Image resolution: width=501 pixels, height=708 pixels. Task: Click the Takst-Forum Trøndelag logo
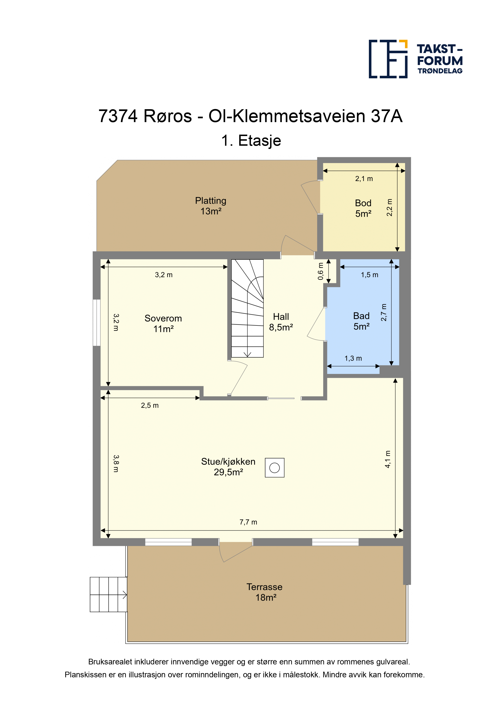pos(416,59)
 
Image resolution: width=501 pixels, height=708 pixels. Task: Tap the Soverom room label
pos(163,324)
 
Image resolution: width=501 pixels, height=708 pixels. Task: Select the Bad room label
pos(361,321)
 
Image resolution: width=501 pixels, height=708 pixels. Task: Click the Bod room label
pos(363,208)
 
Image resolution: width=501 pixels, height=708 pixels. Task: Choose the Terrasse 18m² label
pos(265,592)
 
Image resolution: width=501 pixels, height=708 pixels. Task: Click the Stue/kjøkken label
pos(228,467)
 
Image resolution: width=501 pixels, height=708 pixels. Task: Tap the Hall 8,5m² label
pos(281,322)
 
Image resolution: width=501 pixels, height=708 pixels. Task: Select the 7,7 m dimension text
pos(248,522)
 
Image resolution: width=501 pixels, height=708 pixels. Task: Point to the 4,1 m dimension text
pos(388,459)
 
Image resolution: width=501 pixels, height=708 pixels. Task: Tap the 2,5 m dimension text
pos(150,405)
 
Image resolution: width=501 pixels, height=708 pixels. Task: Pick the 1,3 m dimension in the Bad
pos(353,358)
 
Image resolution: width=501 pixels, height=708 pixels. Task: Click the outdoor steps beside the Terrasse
pos(108,595)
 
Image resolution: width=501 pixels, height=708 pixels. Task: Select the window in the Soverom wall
pos(97,323)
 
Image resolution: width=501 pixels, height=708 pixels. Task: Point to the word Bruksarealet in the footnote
pos(110,662)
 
